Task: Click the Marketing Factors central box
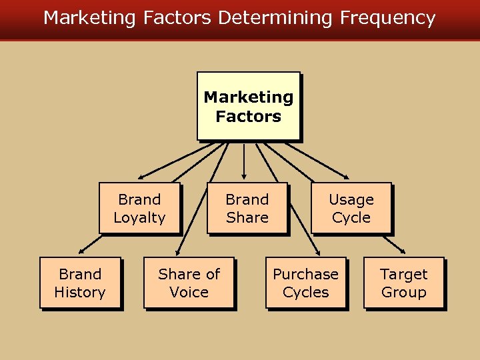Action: click(x=248, y=106)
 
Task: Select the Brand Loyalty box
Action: click(x=139, y=208)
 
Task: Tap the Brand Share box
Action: click(x=247, y=208)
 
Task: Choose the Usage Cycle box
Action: click(x=351, y=208)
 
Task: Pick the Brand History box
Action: click(x=80, y=283)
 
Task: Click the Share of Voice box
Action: click(x=189, y=283)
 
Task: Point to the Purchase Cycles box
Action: click(x=306, y=283)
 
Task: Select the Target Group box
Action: click(x=403, y=283)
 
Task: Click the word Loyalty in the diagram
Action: click(x=139, y=217)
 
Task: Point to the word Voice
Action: click(x=189, y=292)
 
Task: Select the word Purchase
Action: click(x=306, y=274)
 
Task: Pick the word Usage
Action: click(x=351, y=199)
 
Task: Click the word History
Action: click(x=80, y=292)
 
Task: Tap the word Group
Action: click(x=403, y=292)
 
